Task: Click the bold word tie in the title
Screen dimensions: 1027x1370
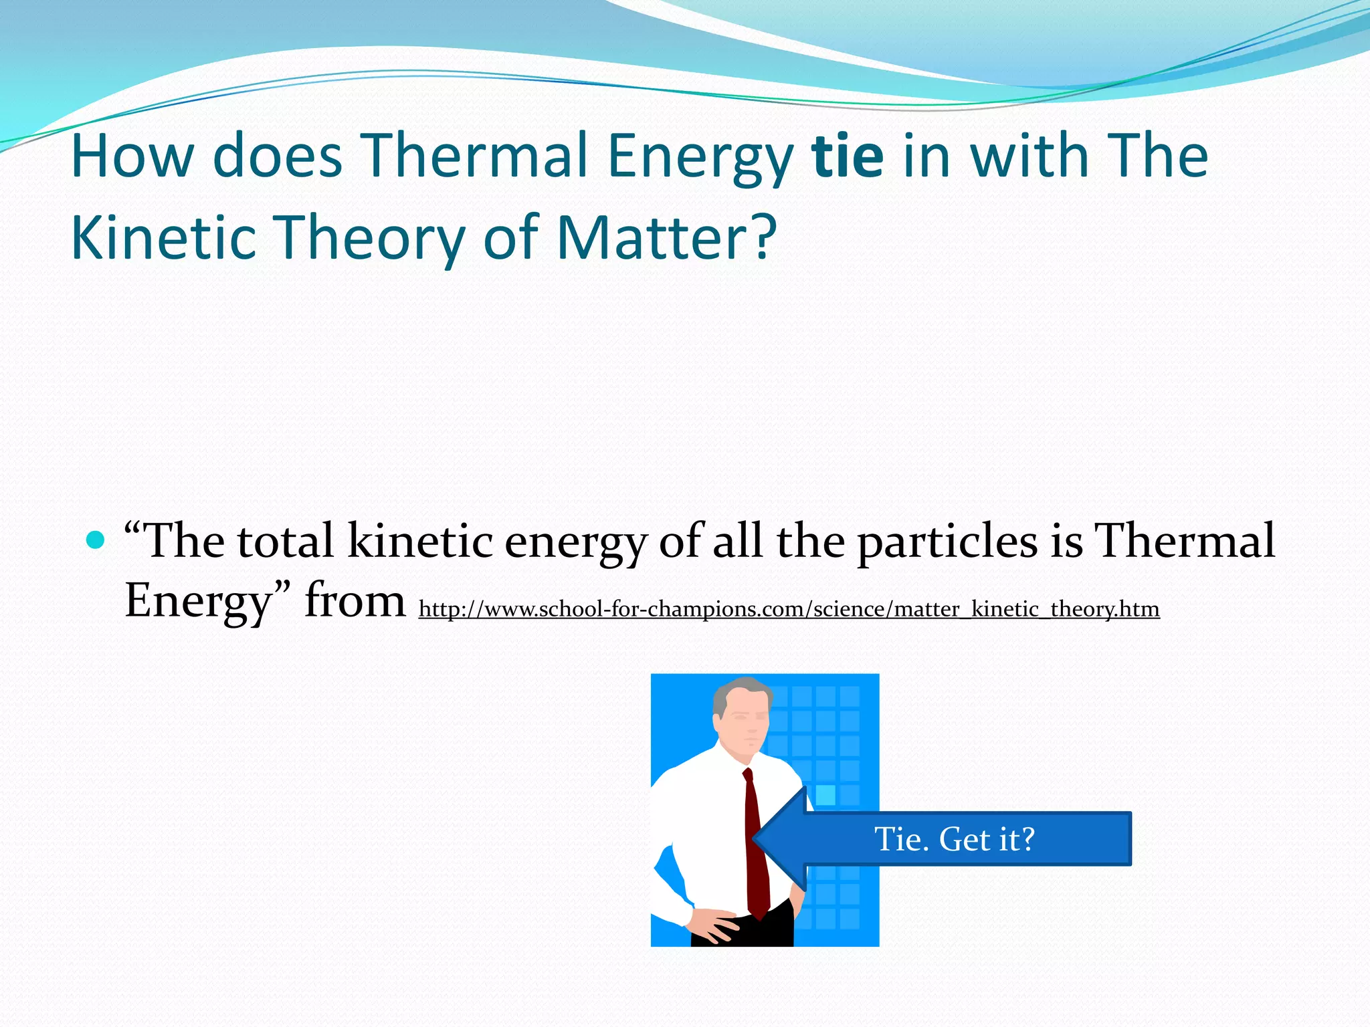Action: pyautogui.click(x=848, y=156)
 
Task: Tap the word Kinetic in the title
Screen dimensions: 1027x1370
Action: pyautogui.click(x=163, y=238)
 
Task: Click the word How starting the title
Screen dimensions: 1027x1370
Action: pyautogui.click(x=131, y=156)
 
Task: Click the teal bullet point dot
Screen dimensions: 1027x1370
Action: pyautogui.click(x=96, y=539)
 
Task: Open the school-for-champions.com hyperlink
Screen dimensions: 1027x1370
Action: pyautogui.click(x=789, y=609)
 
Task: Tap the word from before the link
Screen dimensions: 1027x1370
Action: pyautogui.click(x=355, y=600)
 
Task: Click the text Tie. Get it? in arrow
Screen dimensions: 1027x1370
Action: pyautogui.click(x=955, y=839)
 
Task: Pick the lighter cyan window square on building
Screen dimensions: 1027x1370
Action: pyautogui.click(x=825, y=795)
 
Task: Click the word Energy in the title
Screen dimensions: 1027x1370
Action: pyautogui.click(x=700, y=158)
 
